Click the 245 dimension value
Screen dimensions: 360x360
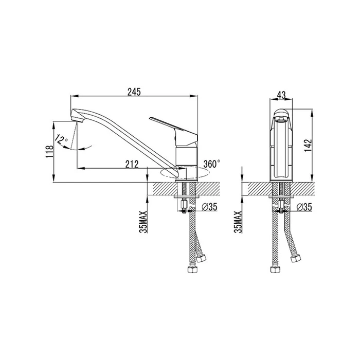134,92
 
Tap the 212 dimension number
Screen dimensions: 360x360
132,165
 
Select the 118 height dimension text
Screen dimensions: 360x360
49,152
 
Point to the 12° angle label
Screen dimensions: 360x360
61,139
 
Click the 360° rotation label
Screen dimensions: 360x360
211,164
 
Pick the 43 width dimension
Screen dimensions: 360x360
281,95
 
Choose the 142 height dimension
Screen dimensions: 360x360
308,145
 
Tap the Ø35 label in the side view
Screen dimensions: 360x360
209,207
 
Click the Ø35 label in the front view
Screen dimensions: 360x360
304,207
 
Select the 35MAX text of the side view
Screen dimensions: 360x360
143,222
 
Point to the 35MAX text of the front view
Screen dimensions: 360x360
238,222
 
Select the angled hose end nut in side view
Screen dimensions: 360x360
201,258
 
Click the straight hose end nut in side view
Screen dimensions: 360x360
193,269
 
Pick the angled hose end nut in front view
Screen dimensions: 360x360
296,259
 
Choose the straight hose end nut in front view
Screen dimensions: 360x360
275,269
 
